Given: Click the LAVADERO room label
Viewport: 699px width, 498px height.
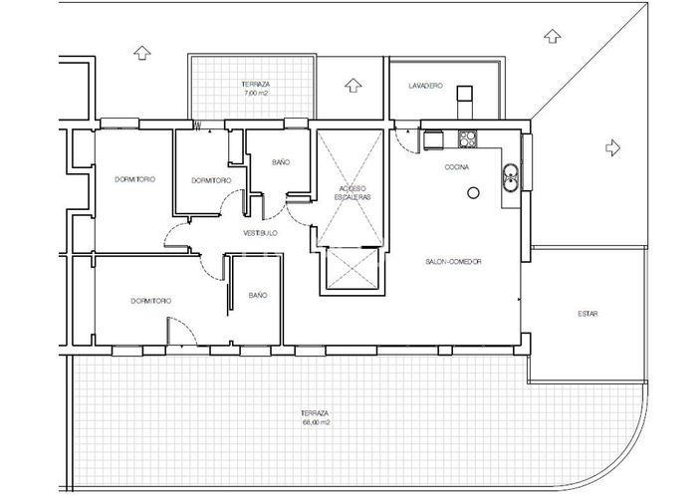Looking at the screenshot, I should coord(425,87).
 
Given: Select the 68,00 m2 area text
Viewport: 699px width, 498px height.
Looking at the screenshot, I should coord(316,422).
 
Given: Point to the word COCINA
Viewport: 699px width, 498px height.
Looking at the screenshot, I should coord(458,167).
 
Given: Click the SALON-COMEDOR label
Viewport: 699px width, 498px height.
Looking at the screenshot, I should coord(453,262).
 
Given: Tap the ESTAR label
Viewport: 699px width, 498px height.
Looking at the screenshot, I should coord(587,314).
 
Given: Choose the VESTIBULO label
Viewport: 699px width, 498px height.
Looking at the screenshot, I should coord(260,233).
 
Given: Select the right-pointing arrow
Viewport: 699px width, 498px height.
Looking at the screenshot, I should coord(612,147).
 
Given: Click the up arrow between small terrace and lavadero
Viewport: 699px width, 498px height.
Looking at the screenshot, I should coord(350,84).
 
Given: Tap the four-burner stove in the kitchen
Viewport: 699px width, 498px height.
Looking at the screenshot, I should coord(467,138).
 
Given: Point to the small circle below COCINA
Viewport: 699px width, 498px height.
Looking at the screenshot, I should coord(475,191).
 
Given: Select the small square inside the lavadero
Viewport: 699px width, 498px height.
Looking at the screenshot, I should coord(463,95).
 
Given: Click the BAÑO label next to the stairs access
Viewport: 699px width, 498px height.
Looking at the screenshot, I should coord(281,161).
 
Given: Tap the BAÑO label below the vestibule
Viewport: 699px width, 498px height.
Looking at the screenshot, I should coord(258,295).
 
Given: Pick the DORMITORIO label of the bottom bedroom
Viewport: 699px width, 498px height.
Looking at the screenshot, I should coord(150,300).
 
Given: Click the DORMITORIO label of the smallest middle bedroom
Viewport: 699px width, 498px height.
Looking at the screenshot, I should coord(211,180).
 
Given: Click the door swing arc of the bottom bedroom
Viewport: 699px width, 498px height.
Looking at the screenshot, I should coord(177,330).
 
